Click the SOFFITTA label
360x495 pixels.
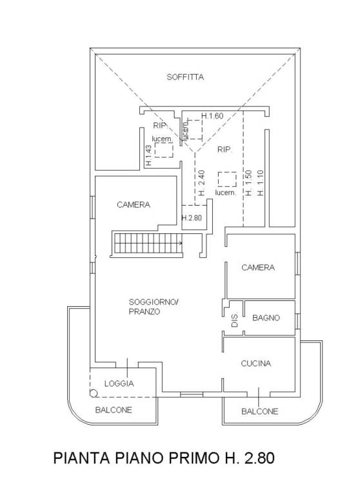[x=185, y=77]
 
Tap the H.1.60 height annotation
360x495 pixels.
[x=212, y=116]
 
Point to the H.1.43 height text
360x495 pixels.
[x=148, y=155]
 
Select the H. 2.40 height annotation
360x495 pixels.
[x=202, y=183]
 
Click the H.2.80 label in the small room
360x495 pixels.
[x=192, y=218]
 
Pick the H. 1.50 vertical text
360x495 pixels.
[x=248, y=183]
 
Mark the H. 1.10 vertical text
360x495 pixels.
[x=260, y=183]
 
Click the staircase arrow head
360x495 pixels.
[x=181, y=243]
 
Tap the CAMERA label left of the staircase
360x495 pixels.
[x=134, y=205]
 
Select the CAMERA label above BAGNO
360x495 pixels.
[x=258, y=267]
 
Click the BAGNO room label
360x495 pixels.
[x=266, y=318]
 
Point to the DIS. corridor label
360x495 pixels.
[x=235, y=320]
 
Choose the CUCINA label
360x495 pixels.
[x=256, y=364]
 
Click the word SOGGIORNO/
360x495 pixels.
[x=154, y=302]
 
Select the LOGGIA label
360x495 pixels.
[x=119, y=383]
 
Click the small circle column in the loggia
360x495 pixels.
[x=94, y=393]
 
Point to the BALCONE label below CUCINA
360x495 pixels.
[x=259, y=411]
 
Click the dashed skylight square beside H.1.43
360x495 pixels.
[x=164, y=150]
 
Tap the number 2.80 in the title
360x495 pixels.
[x=259, y=458]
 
